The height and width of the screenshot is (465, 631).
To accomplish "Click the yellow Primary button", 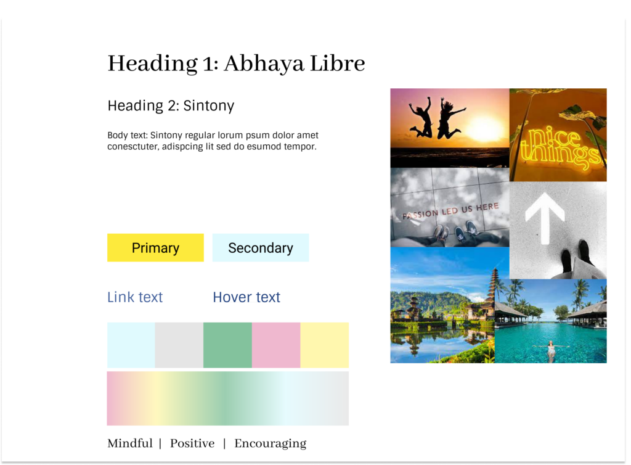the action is coord(155,247).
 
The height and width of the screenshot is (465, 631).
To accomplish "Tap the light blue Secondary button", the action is coord(261,247).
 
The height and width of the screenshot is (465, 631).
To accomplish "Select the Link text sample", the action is coord(135,297).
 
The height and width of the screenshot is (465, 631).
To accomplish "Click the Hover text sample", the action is coord(246,297).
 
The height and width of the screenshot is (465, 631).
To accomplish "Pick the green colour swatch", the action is coord(227,345).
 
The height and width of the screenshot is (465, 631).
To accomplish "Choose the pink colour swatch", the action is coord(276,345).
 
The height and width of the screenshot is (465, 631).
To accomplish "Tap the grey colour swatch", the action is coord(179,345).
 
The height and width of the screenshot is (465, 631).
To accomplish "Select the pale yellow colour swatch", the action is coord(324,345).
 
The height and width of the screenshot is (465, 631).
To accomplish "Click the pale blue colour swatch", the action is coord(131,345).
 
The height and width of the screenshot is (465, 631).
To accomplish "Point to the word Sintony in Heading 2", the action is coord(208,105).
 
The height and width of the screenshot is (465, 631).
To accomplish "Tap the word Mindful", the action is coord(130,443).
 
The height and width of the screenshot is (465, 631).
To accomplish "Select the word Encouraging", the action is coord(271,443).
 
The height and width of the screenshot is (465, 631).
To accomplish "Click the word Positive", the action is coord(192,443).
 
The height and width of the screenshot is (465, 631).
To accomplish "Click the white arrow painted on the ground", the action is coord(545,218).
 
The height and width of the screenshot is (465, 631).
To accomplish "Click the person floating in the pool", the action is coord(550,348).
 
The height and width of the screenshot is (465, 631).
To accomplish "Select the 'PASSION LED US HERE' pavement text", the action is coord(450,210).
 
